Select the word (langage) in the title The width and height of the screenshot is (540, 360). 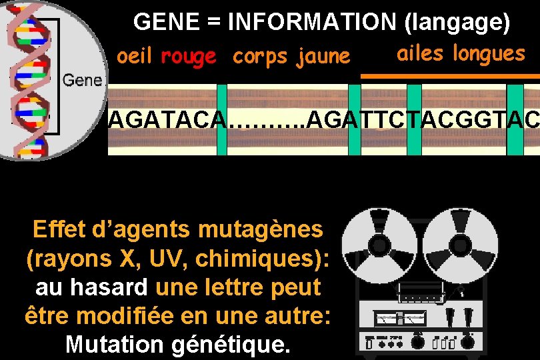[x=457, y=23]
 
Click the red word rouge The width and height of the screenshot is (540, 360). [x=189, y=57]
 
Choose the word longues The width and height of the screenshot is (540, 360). [x=489, y=53]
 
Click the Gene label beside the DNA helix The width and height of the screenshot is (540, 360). [x=82, y=81]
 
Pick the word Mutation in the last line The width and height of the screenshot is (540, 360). [x=114, y=345]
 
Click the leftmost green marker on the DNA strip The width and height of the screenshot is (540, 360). [x=222, y=120]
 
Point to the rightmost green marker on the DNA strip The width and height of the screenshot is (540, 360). [x=515, y=120]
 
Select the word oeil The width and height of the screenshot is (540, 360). [x=135, y=57]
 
